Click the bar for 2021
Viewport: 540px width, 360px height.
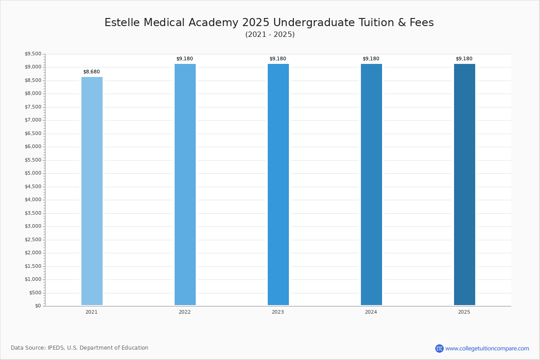tap(92, 191)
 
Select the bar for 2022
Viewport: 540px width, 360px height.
tap(185, 184)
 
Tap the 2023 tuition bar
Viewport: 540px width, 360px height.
tap(278, 184)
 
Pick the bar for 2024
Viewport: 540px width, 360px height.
tap(372, 184)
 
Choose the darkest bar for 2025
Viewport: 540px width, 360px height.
tap(464, 184)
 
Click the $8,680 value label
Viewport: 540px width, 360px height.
tap(92, 72)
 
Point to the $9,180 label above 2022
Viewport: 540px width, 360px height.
tap(184, 58)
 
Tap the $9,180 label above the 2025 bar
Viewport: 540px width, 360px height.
tap(464, 58)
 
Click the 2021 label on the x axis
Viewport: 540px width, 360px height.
tap(92, 312)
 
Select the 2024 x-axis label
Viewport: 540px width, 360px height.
tap(371, 312)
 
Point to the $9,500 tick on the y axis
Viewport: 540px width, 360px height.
tap(33, 54)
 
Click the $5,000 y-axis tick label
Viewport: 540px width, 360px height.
tap(33, 173)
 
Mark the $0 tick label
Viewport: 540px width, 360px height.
tap(38, 306)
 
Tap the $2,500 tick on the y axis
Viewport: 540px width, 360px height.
tap(33, 239)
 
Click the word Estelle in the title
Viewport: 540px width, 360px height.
tap(122, 22)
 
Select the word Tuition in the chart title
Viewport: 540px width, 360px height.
tap(377, 22)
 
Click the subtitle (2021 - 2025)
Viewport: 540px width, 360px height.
tap(270, 35)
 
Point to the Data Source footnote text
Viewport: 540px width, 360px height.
tap(80, 348)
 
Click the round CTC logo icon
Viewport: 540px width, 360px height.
tap(439, 348)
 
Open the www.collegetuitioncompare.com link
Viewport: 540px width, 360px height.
tap(487, 348)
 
